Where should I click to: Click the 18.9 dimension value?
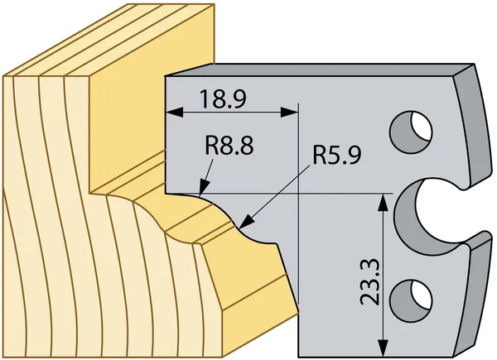tap(223, 98)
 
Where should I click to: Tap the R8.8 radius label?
tap(229, 146)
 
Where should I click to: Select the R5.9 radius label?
tap(337, 155)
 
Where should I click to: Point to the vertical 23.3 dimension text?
tap(370, 282)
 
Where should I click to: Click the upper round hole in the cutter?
tap(411, 132)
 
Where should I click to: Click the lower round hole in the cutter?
tap(411, 300)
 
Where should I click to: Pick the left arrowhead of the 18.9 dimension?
tap(175, 112)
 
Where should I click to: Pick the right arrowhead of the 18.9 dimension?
tap(289, 112)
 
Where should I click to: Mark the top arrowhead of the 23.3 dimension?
tap(384, 202)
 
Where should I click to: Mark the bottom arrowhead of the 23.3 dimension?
tap(384, 348)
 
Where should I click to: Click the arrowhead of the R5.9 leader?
tap(247, 222)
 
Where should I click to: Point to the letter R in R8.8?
tap(211, 146)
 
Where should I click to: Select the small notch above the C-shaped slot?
tap(463, 186)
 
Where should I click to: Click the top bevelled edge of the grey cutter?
tap(317, 70)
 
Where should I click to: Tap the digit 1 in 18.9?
tap(204, 98)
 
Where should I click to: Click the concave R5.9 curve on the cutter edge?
tap(253, 237)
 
